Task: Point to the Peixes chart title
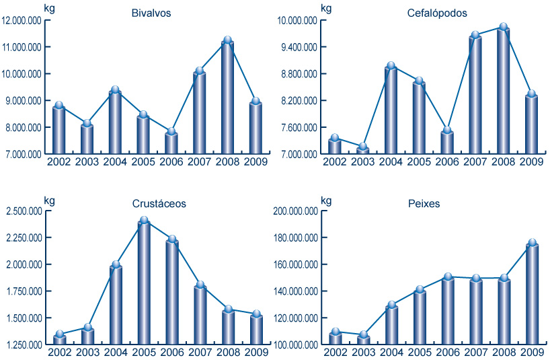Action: coord(424,203)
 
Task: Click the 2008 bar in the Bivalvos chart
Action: coord(227,98)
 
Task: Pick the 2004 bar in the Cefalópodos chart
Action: coord(391,111)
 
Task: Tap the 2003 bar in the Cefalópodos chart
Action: coord(363,151)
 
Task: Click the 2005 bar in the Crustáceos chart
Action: coord(143,283)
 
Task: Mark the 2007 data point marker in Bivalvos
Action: coord(199,71)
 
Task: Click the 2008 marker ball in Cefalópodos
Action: coord(504,28)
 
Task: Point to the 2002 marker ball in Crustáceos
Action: coord(59,334)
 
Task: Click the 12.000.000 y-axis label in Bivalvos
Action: coord(22,21)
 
